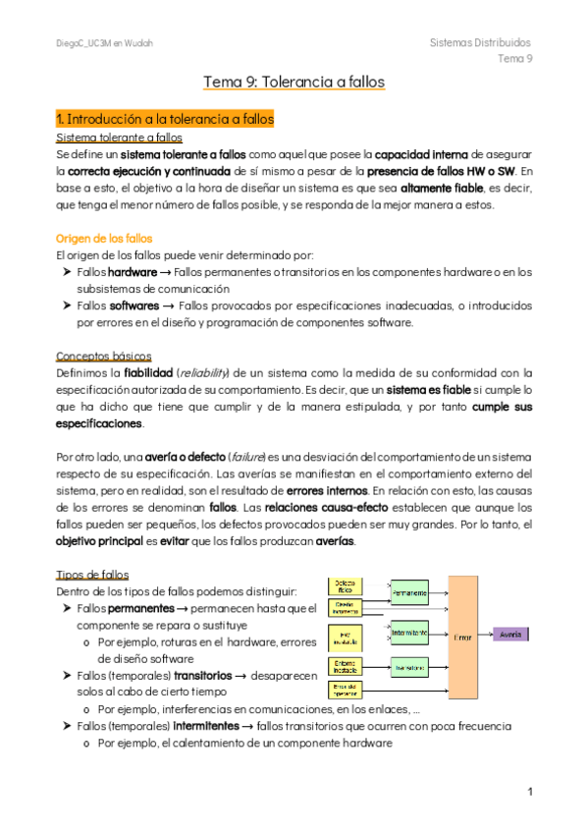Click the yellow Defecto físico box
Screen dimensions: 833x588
pyautogui.click(x=345, y=585)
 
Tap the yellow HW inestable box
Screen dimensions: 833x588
pyautogui.click(x=345, y=638)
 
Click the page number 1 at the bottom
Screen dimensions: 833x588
pyautogui.click(x=529, y=792)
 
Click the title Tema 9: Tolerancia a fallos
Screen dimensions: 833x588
pyautogui.click(x=294, y=82)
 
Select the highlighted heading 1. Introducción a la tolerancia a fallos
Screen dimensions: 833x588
pyautogui.click(x=164, y=119)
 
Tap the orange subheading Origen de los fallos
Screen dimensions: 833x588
pyautogui.click(x=104, y=239)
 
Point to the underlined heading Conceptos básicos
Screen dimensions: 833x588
pyautogui.click(x=103, y=356)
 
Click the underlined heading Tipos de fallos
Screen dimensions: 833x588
pyautogui.click(x=93, y=574)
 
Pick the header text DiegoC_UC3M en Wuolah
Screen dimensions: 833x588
pyautogui.click(x=104, y=44)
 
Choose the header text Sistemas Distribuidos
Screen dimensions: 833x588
pyautogui.click(x=481, y=43)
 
